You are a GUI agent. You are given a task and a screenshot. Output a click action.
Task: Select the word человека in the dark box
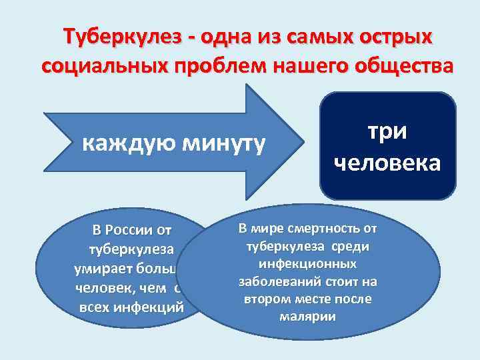(x=388, y=162)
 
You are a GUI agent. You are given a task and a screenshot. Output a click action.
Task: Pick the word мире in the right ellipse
(x=267, y=229)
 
